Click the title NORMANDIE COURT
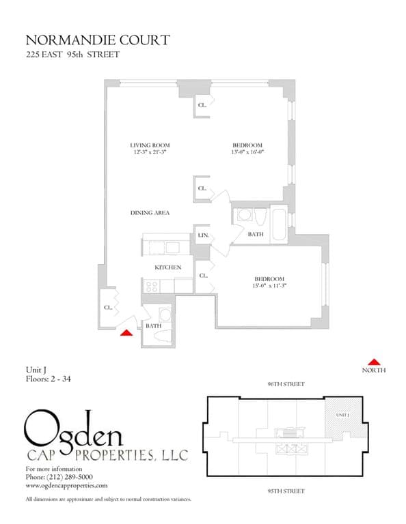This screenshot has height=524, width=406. click(x=97, y=41)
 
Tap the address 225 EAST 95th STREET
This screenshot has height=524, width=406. click(x=72, y=55)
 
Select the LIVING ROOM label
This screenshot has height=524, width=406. click(x=150, y=145)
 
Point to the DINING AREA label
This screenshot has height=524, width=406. click(x=150, y=213)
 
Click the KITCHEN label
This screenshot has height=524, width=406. click(x=167, y=267)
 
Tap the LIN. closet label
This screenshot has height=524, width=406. click(x=203, y=235)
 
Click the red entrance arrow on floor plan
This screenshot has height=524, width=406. click(x=126, y=333)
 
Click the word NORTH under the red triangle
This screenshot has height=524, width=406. click(x=373, y=370)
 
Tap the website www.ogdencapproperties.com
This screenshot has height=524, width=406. click(x=66, y=485)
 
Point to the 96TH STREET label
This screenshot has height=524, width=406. click(x=286, y=384)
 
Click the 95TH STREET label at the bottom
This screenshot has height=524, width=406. click(x=286, y=491)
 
